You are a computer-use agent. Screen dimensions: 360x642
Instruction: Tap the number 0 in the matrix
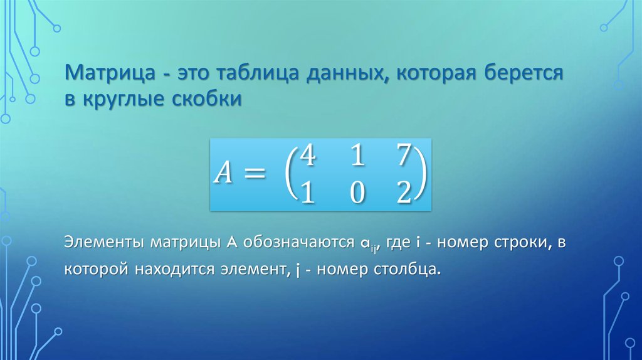pos(357,193)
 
